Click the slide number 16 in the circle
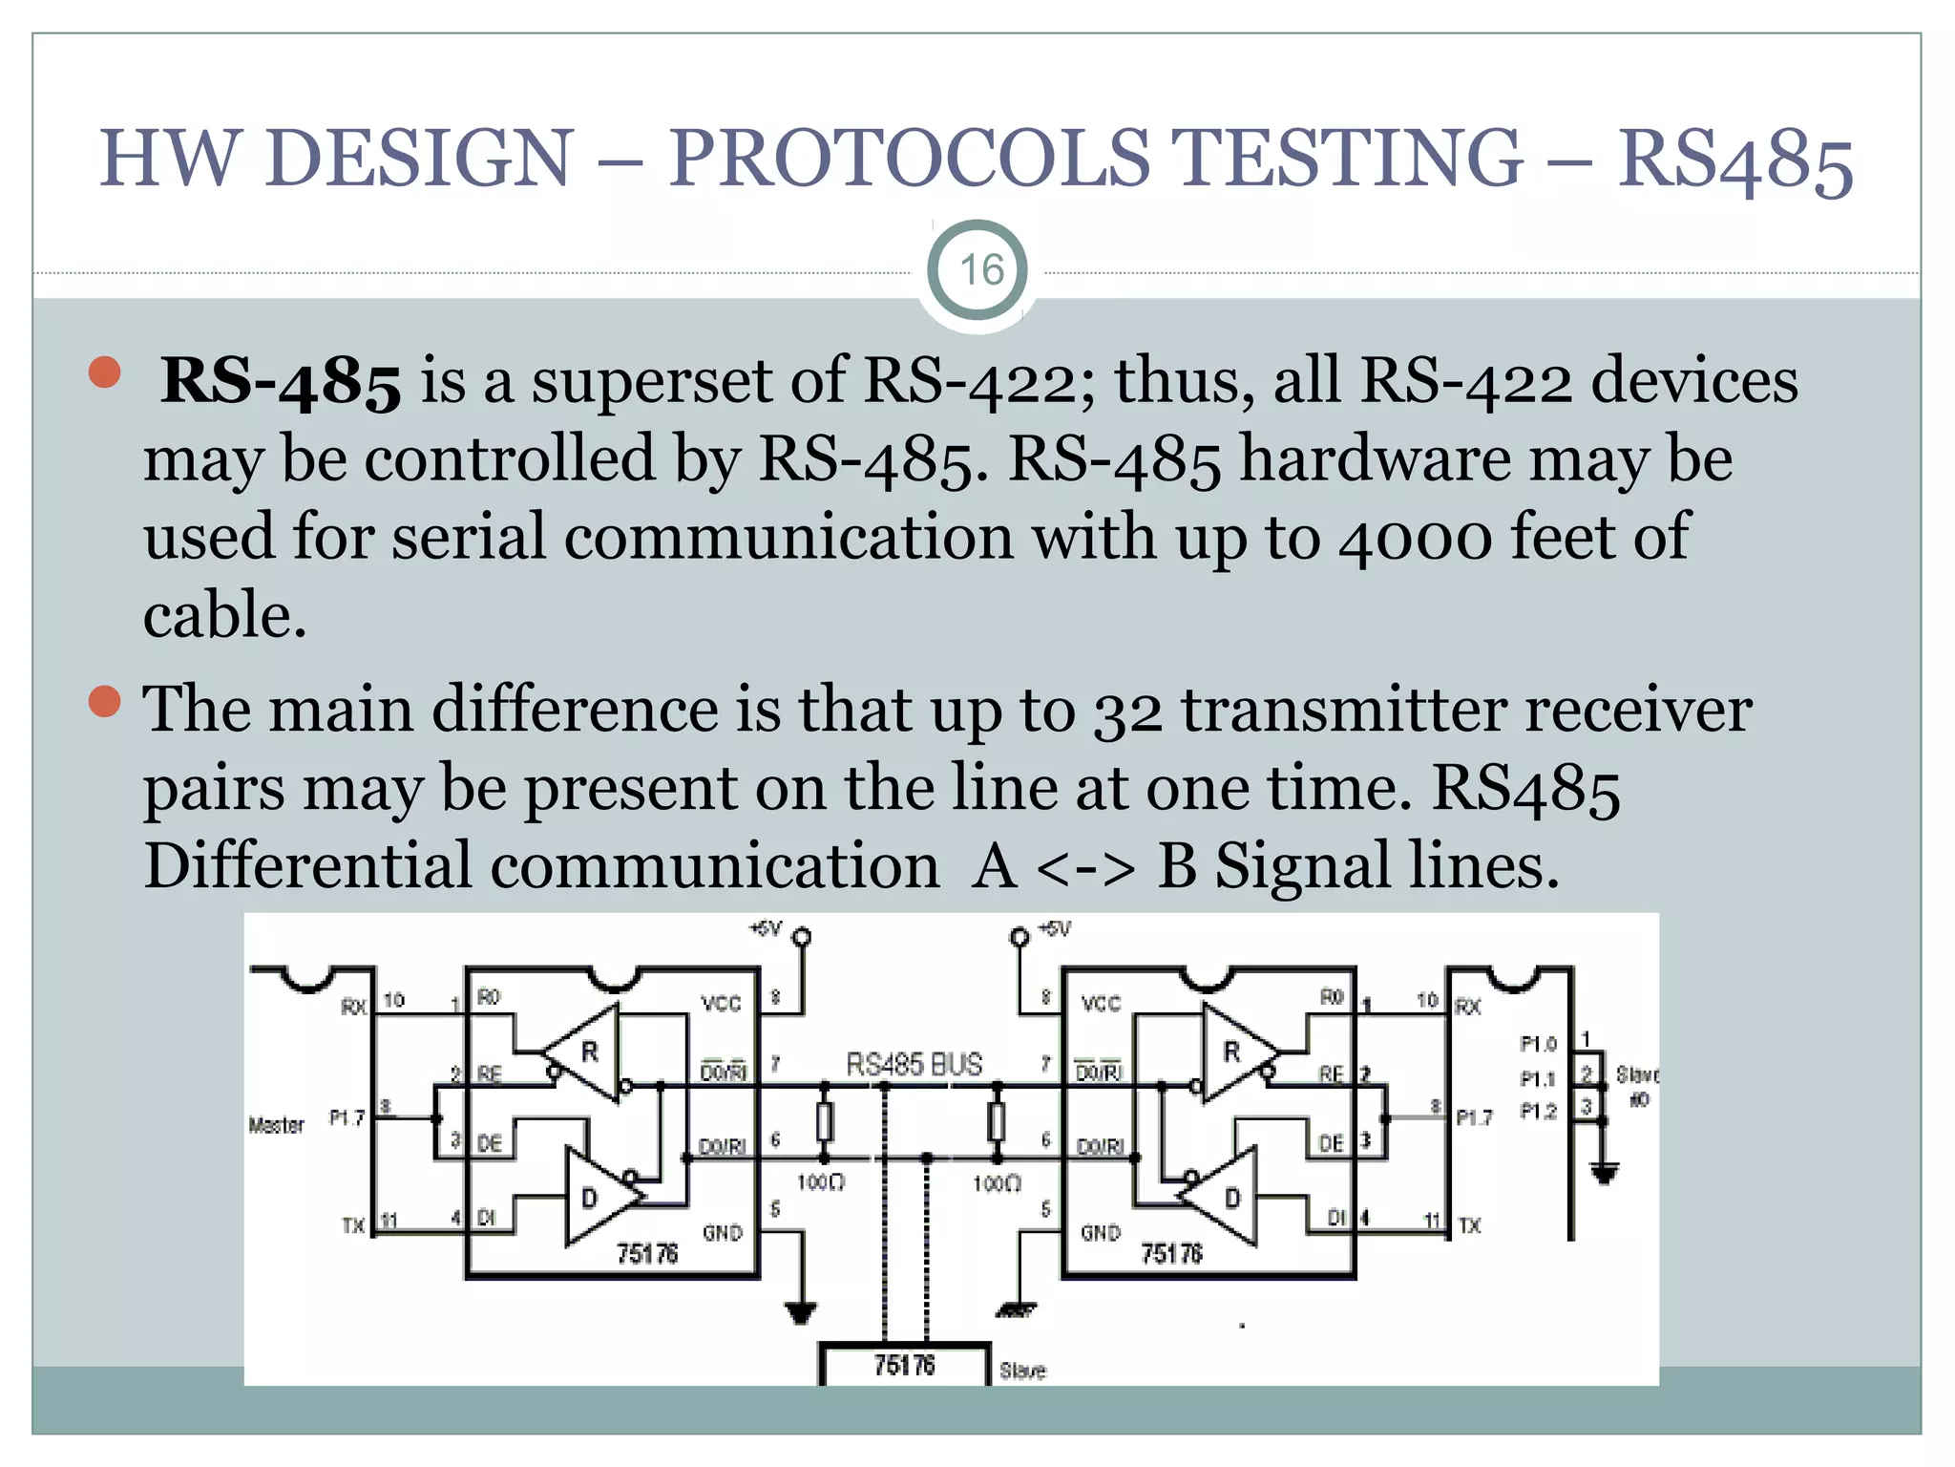coord(980,270)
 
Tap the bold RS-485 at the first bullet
coord(281,382)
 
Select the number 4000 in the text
coord(1415,538)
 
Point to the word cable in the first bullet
coord(223,616)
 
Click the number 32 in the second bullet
coord(1127,712)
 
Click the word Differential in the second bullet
coord(307,866)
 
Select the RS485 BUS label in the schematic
coord(914,1064)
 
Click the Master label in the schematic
coord(276,1125)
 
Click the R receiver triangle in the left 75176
coord(584,1052)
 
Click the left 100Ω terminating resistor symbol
coord(825,1122)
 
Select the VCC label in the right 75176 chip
coord(1101,1004)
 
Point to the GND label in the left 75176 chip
coord(722,1233)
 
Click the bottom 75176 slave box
coord(904,1365)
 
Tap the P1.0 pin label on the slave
coord(1538,1044)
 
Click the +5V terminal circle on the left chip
coord(802,937)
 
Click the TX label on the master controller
coord(353,1224)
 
